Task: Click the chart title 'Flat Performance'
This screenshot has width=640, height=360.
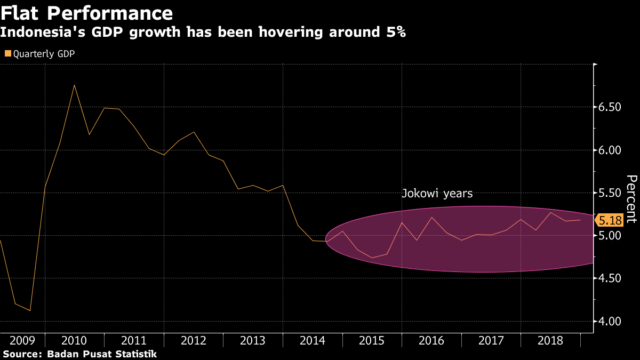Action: [x=86, y=13]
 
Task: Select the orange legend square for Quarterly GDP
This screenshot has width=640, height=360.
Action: [x=7, y=53]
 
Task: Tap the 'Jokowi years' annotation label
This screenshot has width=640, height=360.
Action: [x=437, y=194]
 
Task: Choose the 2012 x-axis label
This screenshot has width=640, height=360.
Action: [x=193, y=340]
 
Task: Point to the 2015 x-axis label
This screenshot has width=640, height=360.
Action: [x=372, y=340]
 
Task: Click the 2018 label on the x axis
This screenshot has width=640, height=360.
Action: [x=550, y=340]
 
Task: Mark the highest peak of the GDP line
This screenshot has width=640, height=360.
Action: [x=74, y=85]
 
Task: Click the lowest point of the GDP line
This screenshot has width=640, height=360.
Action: [x=30, y=310]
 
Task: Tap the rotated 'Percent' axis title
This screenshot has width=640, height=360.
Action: [x=631, y=198]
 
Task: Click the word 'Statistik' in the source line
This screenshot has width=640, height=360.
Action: [x=136, y=354]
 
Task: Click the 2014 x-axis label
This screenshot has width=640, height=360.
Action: [x=312, y=340]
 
